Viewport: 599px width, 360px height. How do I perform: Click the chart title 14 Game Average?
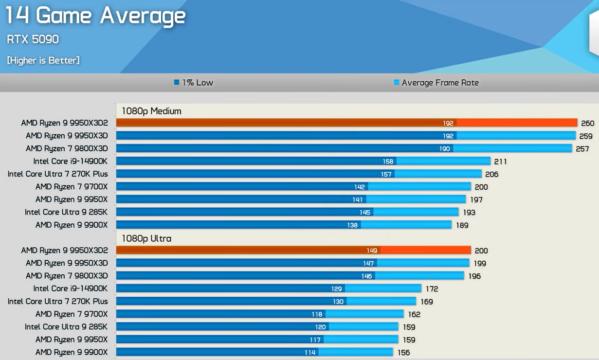tap(95, 16)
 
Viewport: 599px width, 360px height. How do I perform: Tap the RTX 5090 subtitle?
tap(33, 39)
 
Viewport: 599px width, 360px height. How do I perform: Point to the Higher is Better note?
tap(43, 60)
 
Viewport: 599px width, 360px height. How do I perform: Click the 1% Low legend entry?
tap(194, 83)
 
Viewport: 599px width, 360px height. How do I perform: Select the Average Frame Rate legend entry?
tap(436, 83)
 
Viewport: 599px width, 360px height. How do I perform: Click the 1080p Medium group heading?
tap(151, 111)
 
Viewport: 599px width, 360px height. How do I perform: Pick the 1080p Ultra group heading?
tap(146, 238)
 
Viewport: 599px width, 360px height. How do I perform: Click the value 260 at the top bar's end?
tap(587, 124)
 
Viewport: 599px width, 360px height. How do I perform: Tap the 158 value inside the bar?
tap(388, 162)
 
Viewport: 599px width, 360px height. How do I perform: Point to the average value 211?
tap(500, 162)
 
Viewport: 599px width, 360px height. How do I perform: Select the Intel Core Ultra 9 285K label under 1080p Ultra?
tap(66, 326)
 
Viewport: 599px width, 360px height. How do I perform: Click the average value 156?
tap(403, 352)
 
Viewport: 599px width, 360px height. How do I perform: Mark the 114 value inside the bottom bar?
tap(310, 352)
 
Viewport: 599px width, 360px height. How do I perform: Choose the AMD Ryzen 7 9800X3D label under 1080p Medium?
tap(67, 148)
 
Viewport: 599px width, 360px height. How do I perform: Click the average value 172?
tap(432, 288)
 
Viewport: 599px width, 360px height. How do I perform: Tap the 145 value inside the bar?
tap(365, 213)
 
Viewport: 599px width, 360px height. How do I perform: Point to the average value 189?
tap(462, 225)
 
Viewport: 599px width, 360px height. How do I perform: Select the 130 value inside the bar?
tap(338, 302)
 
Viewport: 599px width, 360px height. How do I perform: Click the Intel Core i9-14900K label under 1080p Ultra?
tap(71, 288)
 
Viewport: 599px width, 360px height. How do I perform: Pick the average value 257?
tap(582, 149)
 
